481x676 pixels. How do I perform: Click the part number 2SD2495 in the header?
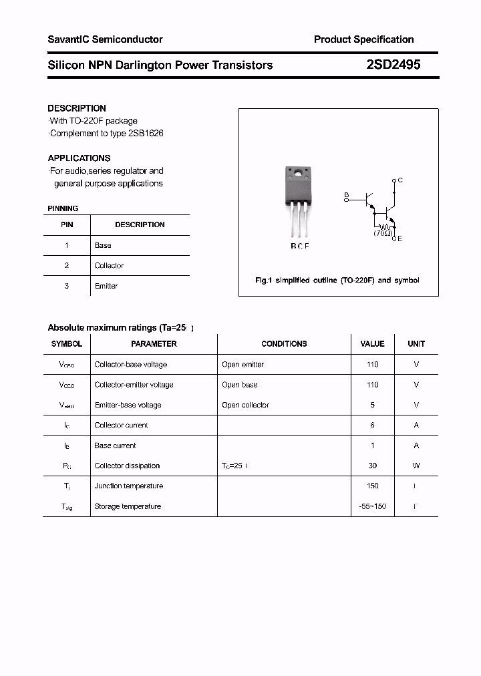coord(393,65)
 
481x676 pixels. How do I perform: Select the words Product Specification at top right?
coord(363,39)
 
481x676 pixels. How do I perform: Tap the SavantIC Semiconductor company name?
coord(105,39)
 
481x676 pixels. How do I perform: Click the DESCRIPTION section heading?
coord(77,108)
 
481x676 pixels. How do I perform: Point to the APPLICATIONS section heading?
coord(79,158)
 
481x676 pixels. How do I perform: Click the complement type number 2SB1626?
coord(146,133)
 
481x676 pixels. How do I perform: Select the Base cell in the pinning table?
coord(103,245)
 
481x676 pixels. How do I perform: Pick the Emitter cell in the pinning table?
coord(106,286)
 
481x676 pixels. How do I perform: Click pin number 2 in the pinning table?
coord(67,265)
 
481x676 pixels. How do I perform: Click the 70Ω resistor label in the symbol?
coord(382,234)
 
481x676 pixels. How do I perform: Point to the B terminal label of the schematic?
coord(346,195)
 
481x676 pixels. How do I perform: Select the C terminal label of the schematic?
coord(400,180)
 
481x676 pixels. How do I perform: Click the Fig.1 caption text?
coord(337,281)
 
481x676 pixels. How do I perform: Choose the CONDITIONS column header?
coord(284,344)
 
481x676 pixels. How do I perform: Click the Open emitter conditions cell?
coord(243,365)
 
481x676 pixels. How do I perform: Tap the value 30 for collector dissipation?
coord(372,466)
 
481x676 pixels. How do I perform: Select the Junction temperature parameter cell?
coord(128,486)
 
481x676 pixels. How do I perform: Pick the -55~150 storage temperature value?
coord(372,506)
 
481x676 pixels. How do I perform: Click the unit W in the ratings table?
coord(416,466)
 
